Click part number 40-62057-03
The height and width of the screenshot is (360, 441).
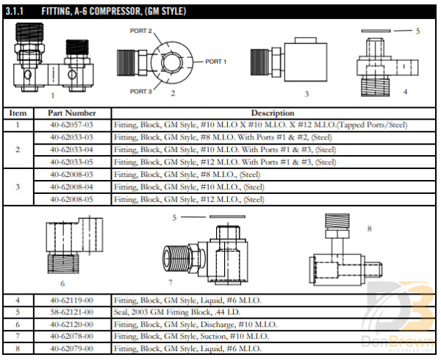72,125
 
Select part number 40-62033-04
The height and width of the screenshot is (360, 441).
72,149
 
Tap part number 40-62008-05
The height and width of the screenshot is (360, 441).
72,199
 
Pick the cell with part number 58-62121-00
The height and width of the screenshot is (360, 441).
72,312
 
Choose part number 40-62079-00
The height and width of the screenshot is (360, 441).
72,348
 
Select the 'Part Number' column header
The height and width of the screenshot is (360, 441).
72,113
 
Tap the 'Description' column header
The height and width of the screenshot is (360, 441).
273,113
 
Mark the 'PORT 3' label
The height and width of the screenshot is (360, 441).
141,91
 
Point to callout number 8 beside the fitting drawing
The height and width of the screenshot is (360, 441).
369,228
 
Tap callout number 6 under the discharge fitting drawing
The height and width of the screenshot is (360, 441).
62,283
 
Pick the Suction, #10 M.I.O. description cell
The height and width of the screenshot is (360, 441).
196,336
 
